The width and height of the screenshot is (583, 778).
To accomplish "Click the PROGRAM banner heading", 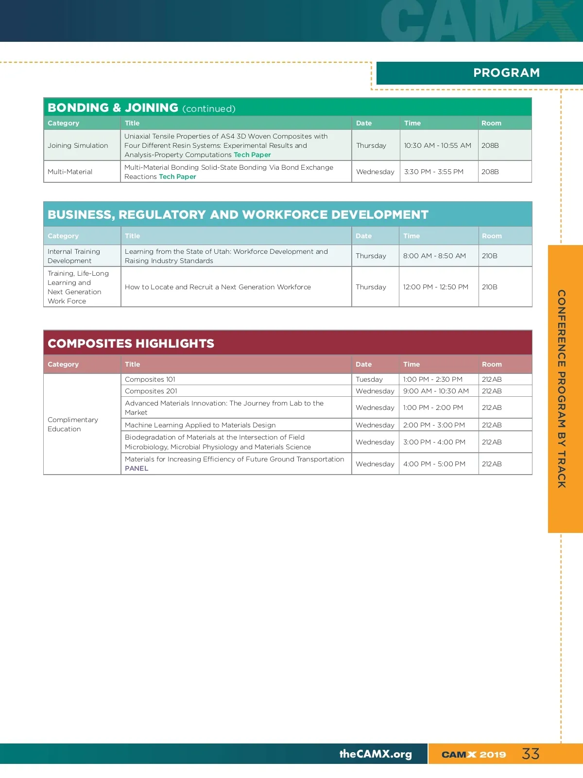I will pyautogui.click(x=506, y=73).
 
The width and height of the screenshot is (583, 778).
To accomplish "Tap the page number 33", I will pyautogui.click(x=531, y=754).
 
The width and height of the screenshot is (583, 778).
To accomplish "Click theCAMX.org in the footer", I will pyautogui.click(x=376, y=754).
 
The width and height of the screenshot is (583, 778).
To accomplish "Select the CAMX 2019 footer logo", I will pyautogui.click(x=474, y=755).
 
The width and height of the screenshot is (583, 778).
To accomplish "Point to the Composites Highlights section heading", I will pyautogui.click(x=131, y=343).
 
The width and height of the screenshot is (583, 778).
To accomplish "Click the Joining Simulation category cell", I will pyautogui.click(x=78, y=145).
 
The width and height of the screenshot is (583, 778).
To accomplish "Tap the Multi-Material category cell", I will pyautogui.click(x=70, y=172).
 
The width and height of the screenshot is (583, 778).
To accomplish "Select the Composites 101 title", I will pyautogui.click(x=150, y=379).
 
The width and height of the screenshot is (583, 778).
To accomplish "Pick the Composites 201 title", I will pyautogui.click(x=151, y=391).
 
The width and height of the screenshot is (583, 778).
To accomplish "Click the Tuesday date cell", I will pyautogui.click(x=369, y=379).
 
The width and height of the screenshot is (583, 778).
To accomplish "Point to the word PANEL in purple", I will pyautogui.click(x=137, y=468).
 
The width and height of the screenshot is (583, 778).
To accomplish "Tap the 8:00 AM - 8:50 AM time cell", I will pyautogui.click(x=434, y=256).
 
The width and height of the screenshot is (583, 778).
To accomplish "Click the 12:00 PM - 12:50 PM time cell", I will pyautogui.click(x=435, y=287).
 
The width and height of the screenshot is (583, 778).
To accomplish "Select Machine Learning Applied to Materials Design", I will pyautogui.click(x=200, y=425).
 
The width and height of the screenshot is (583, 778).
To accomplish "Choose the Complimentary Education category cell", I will pyautogui.click(x=73, y=424).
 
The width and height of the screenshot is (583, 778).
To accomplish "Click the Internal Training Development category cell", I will pyautogui.click(x=74, y=256).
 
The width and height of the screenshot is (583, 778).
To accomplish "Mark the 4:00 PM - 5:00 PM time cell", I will pyautogui.click(x=434, y=464).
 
